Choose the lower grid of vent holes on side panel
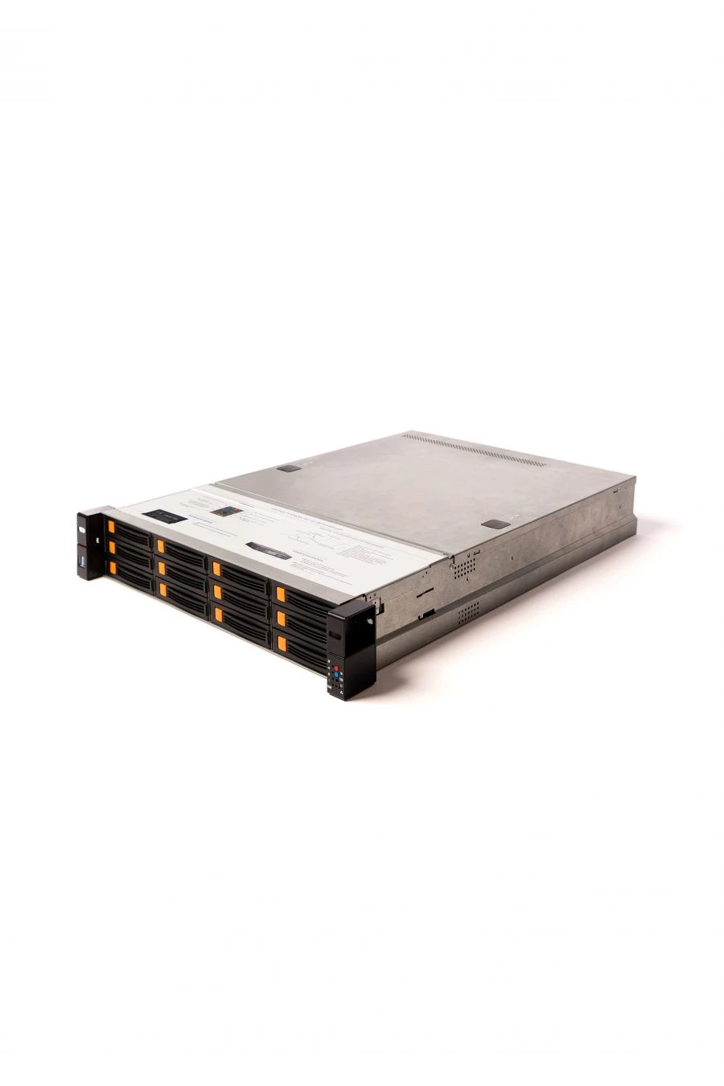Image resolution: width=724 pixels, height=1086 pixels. point(468,615)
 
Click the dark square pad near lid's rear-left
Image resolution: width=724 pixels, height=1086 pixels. point(289,468)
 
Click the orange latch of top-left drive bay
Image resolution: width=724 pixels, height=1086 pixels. point(111,528)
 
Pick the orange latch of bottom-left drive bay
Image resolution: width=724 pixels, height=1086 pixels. point(110,568)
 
